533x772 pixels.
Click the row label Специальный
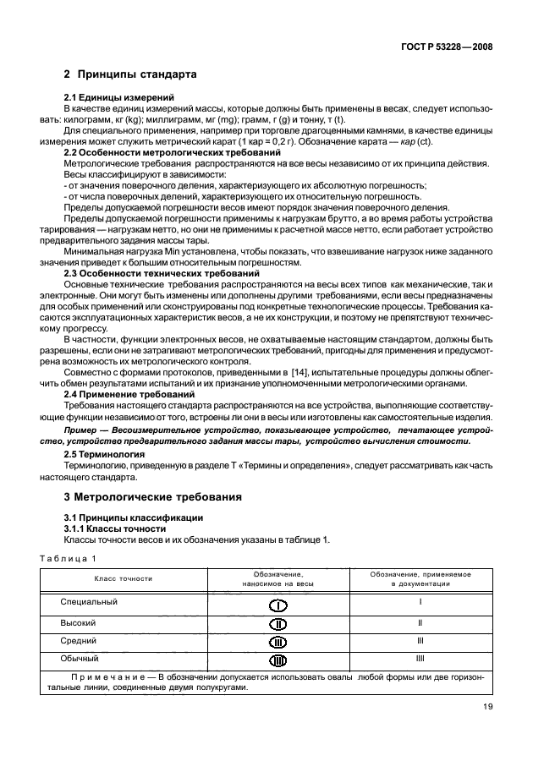(89, 602)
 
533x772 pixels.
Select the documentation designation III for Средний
(420, 641)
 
